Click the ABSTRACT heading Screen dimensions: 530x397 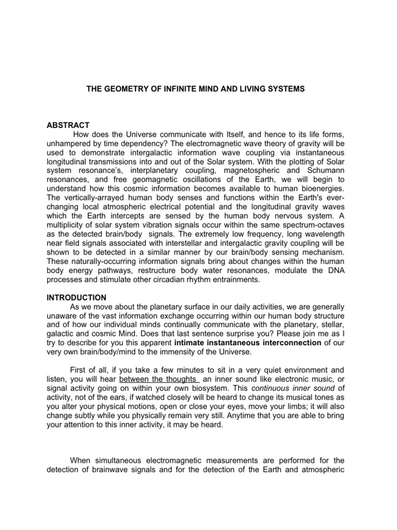69,125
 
